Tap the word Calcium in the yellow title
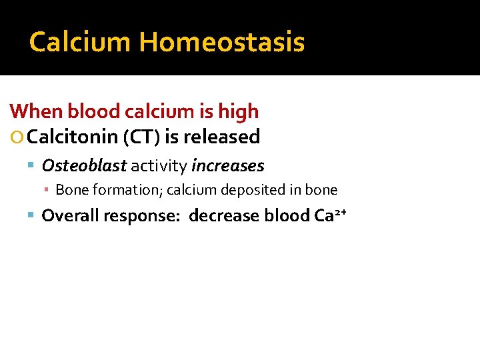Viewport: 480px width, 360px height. (81, 42)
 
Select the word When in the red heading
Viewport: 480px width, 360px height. (37, 111)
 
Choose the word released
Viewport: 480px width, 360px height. (222, 137)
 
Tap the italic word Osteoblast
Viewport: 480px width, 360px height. (84, 165)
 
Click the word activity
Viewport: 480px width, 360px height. (159, 165)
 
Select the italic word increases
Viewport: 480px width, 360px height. (228, 165)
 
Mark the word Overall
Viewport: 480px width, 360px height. (68, 215)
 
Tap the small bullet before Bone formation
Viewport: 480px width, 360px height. (47, 191)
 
